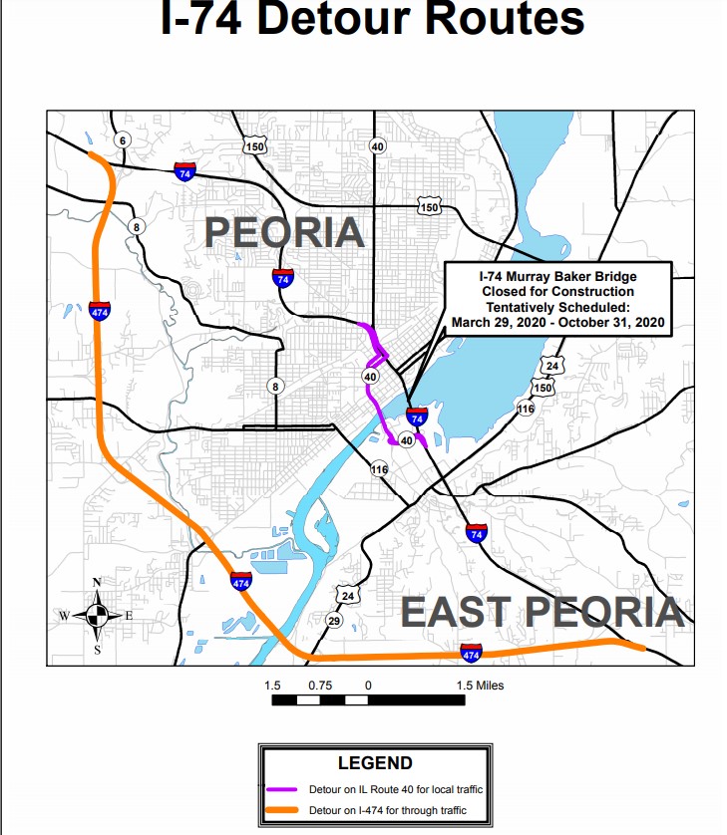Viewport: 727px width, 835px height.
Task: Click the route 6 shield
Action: [122, 139]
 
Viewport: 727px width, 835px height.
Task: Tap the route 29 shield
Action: [334, 621]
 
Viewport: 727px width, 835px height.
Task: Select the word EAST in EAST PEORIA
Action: [455, 611]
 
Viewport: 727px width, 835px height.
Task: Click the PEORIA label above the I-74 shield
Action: [284, 232]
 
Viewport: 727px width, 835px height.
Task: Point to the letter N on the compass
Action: [96, 584]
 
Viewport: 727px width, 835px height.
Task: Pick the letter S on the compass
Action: [97, 650]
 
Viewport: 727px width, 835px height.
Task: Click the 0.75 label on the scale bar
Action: [320, 686]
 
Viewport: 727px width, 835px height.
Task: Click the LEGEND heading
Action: [375, 763]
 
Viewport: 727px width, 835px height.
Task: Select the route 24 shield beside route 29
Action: [347, 596]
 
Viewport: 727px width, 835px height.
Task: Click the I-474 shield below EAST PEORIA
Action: [471, 653]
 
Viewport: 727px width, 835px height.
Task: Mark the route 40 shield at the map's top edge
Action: [376, 146]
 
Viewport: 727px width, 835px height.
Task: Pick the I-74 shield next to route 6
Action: [184, 170]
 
